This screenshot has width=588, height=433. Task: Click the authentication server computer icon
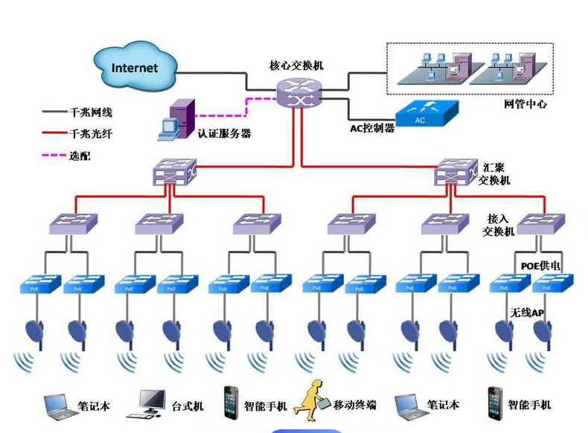pyautogui.click(x=176, y=120)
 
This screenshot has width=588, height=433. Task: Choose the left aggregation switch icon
pyautogui.click(x=174, y=172)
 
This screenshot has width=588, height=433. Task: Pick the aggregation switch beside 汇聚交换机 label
pyautogui.click(x=456, y=172)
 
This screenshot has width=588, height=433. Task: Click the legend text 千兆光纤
pyautogui.click(x=92, y=135)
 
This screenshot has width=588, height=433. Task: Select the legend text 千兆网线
pyautogui.click(x=92, y=113)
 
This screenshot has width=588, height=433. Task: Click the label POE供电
pyautogui.click(x=540, y=266)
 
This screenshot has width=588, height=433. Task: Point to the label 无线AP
pyautogui.click(x=527, y=313)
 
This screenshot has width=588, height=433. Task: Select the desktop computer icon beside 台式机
pyautogui.click(x=153, y=404)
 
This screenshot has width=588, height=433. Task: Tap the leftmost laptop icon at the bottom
pyautogui.click(x=59, y=404)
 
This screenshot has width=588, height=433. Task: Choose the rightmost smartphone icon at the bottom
pyautogui.click(x=495, y=402)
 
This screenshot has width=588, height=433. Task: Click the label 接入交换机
pyautogui.click(x=498, y=225)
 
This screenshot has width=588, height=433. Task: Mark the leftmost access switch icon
pyautogui.click(x=73, y=222)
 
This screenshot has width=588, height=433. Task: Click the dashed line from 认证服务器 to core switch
pyautogui.click(x=223, y=115)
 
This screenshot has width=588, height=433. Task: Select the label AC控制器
pyautogui.click(x=372, y=128)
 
